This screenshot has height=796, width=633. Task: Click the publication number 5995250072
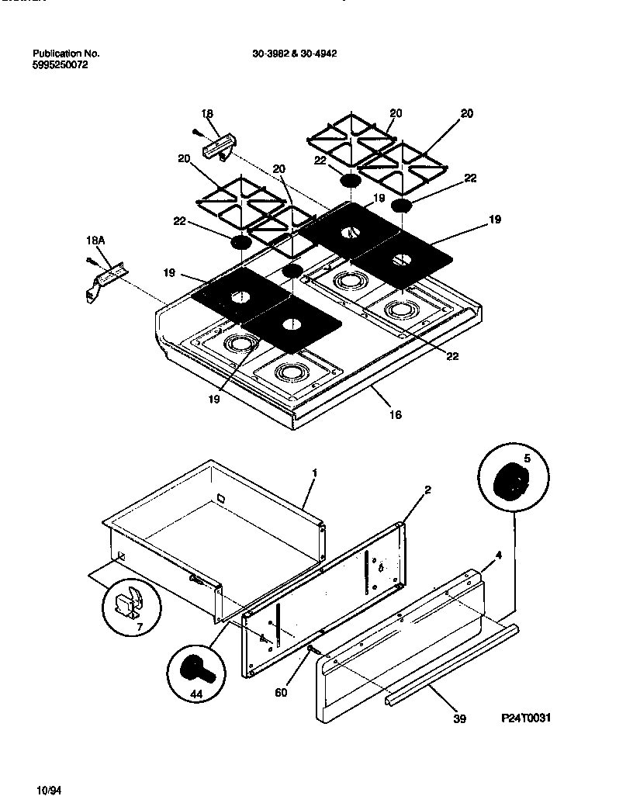tap(60, 65)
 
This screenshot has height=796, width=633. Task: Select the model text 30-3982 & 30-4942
tap(294, 54)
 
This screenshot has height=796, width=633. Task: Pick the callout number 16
tap(395, 415)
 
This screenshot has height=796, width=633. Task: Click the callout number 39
tap(459, 719)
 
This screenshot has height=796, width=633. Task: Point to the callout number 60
tap(281, 692)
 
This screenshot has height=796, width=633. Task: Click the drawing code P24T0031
tap(527, 718)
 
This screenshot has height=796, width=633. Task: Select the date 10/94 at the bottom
tap(48, 789)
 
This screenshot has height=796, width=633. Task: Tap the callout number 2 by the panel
tap(427, 490)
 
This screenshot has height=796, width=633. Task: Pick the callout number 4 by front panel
tap(499, 555)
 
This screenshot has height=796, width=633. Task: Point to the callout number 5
tap(526, 458)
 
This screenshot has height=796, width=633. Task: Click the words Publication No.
tap(66, 54)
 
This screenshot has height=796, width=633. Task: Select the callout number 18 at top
tap(207, 114)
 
